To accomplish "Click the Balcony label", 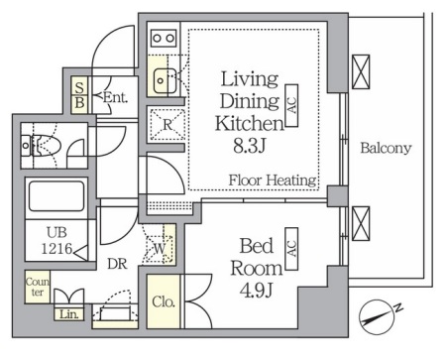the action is pyautogui.click(x=386, y=148).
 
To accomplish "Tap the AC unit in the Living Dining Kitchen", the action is pyautogui.click(x=291, y=105).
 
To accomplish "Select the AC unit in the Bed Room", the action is pyautogui.click(x=291, y=249).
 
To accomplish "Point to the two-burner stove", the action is pyautogui.click(x=164, y=39).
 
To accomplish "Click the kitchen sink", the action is pyautogui.click(x=165, y=80).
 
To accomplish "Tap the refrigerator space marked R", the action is pyautogui.click(x=168, y=124).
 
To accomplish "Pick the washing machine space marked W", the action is pyautogui.click(x=160, y=249).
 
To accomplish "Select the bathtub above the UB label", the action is pyautogui.click(x=56, y=195).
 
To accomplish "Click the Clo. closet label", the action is pyautogui.click(x=164, y=301).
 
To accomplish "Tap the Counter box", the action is pyautogui.click(x=38, y=287).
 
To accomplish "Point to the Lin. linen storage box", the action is pyautogui.click(x=69, y=314).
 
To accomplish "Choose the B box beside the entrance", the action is pyautogui.click(x=79, y=104).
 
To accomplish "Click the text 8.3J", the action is pyautogui.click(x=250, y=146).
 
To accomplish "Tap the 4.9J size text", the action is pyautogui.click(x=256, y=291).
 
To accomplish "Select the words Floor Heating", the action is pyautogui.click(x=273, y=180).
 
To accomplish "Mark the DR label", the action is pyautogui.click(x=118, y=264).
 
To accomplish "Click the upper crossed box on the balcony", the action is pyautogui.click(x=361, y=71).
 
